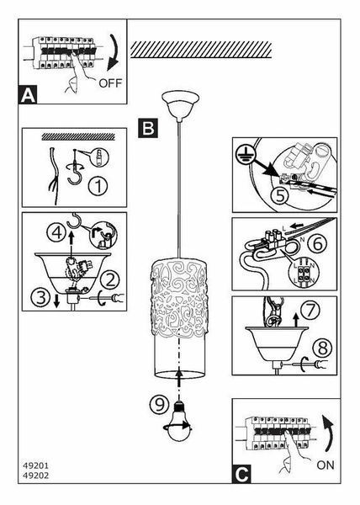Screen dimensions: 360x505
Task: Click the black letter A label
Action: (x=28, y=94)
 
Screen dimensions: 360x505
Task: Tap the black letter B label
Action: (x=148, y=128)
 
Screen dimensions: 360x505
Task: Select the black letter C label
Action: (x=241, y=474)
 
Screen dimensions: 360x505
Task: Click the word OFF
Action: (x=110, y=83)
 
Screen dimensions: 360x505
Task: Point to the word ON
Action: (x=326, y=465)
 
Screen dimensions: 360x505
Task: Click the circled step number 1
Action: (x=99, y=186)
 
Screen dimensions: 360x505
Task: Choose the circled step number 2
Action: (x=110, y=280)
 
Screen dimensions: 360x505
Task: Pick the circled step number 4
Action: (x=57, y=232)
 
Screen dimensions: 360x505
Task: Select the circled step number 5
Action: (x=280, y=195)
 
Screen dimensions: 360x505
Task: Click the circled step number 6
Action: (x=318, y=243)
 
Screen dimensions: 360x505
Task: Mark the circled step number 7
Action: (x=310, y=311)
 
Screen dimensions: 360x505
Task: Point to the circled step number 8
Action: (x=323, y=348)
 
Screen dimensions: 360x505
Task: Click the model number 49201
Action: (x=35, y=465)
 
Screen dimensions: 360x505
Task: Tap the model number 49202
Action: (x=35, y=476)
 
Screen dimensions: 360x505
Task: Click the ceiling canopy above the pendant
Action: (x=180, y=106)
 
